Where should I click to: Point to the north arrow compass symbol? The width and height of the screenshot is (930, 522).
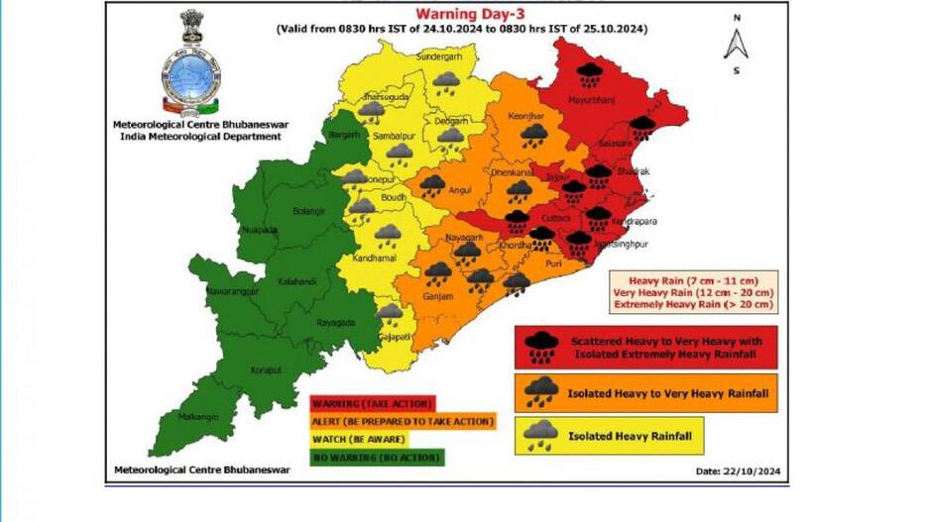point(736,45)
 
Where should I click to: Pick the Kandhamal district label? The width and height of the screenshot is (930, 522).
point(373,259)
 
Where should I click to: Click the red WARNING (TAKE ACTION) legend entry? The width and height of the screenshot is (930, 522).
point(372,404)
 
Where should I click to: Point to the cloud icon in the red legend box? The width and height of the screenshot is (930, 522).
point(540,347)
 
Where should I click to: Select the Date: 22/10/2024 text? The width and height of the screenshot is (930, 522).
point(731,470)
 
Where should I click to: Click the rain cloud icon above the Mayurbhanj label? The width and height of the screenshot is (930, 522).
point(591,72)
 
